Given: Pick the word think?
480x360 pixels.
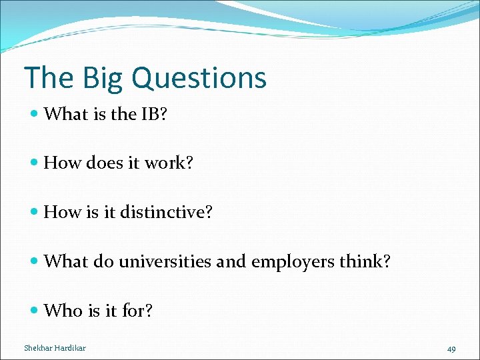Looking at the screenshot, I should [x=368, y=262].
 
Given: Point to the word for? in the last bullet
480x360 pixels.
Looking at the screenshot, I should [x=137, y=311].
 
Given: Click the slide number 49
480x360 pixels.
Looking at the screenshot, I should [x=451, y=349].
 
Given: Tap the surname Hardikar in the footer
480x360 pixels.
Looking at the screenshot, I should [x=71, y=348].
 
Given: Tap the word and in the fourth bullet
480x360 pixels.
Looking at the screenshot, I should [x=231, y=262].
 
